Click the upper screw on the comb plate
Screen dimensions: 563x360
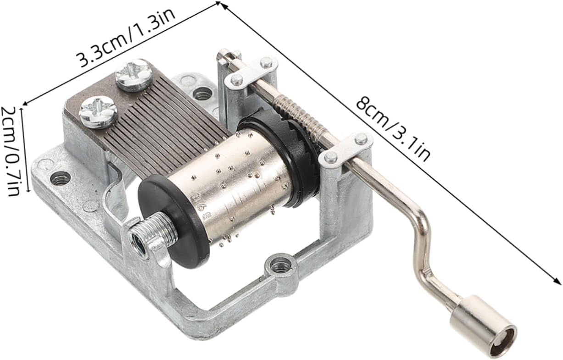(x=134, y=75)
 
